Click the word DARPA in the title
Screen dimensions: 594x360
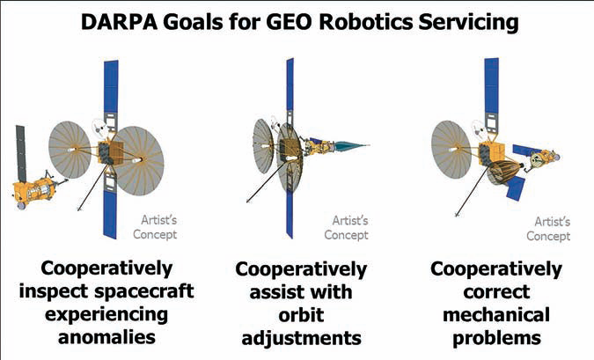pyautogui.click(x=119, y=22)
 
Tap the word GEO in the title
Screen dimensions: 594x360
pyautogui.click(x=290, y=22)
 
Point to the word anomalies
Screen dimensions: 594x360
pyautogui.click(x=106, y=337)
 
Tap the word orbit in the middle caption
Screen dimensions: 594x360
pyautogui.click(x=301, y=315)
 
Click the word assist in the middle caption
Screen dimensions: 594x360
pyautogui.click(x=275, y=292)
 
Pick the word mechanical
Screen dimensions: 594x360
pyautogui.click(x=496, y=315)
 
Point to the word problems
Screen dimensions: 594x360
pyautogui.click(x=496, y=338)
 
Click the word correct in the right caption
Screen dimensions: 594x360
pyautogui.click(x=496, y=292)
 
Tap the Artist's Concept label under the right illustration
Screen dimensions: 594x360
pyautogui.click(x=548, y=229)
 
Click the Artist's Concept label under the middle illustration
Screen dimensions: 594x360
pyautogui.click(x=346, y=227)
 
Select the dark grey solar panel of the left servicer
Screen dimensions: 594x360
pyautogui.click(x=21, y=153)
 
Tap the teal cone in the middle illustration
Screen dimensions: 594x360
pyautogui.click(x=350, y=146)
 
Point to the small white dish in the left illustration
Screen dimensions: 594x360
pyautogui.click(x=101, y=129)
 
